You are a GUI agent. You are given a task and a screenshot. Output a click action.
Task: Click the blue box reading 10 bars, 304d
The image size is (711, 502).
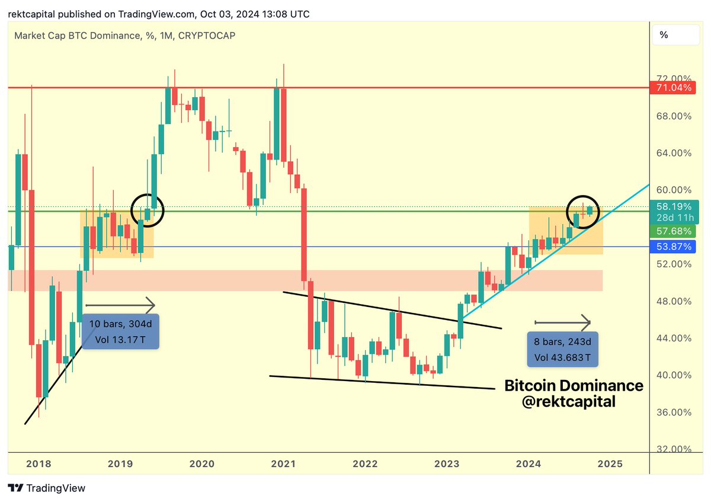(121, 332)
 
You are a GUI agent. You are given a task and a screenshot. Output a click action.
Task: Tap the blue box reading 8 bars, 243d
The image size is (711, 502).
(562, 350)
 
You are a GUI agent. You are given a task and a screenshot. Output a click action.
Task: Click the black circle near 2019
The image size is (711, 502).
(147, 209)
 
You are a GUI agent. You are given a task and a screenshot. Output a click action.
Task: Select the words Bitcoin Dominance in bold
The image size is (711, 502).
(574, 385)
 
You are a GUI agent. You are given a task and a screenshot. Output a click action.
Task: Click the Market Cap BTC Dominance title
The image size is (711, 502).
(125, 36)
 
